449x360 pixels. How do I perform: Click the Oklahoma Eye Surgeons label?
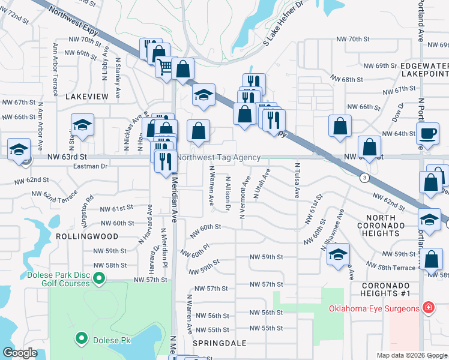pos(373,308)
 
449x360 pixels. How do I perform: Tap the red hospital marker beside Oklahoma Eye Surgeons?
pos(428,308)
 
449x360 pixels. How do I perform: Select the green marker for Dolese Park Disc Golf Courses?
pos(100,278)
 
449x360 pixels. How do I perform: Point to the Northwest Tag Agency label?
pos(219,157)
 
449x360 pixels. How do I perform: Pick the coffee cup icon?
pos(428,133)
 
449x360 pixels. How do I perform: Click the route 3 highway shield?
pos(364,178)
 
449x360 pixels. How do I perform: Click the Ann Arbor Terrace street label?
pos(55,62)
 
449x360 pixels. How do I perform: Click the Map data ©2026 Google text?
pos(411,355)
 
